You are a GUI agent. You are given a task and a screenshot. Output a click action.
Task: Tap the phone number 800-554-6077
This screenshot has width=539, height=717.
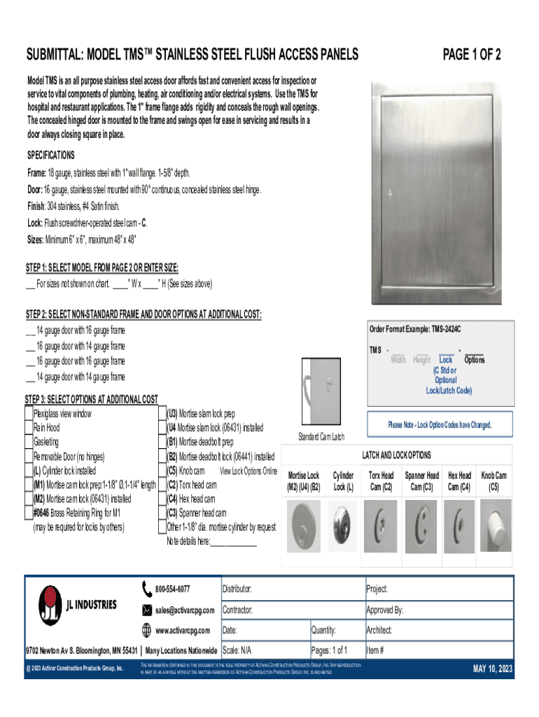coord(172,589)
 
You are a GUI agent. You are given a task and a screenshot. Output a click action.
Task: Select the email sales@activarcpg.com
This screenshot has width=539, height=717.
coord(185,610)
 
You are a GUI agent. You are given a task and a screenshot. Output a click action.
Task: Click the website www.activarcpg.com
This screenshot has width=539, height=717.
coord(182,630)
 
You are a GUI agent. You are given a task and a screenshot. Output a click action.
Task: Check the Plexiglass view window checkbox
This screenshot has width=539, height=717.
coord(29,414)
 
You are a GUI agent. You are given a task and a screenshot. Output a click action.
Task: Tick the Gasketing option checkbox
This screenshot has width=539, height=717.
coord(29,443)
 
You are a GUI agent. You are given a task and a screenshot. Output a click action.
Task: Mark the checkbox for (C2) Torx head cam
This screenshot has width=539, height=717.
coord(162,485)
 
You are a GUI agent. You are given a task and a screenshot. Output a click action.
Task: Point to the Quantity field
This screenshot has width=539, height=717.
coord(336,630)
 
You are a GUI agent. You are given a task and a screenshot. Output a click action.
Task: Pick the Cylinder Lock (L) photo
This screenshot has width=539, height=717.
coord(343,522)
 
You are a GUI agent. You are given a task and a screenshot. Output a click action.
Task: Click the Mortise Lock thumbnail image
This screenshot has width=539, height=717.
coord(304,522)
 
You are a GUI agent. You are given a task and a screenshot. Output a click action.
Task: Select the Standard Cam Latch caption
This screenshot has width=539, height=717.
coord(321,438)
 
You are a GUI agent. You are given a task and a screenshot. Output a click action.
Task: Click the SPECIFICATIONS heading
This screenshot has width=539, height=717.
coord(50,155)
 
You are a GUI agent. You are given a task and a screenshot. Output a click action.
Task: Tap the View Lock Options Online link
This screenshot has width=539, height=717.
coord(248,471)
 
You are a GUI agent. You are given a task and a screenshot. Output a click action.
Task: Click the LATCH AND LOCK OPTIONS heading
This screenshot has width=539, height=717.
coord(395,455)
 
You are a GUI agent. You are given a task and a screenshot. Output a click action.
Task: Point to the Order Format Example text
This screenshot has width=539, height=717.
coord(415,329)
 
